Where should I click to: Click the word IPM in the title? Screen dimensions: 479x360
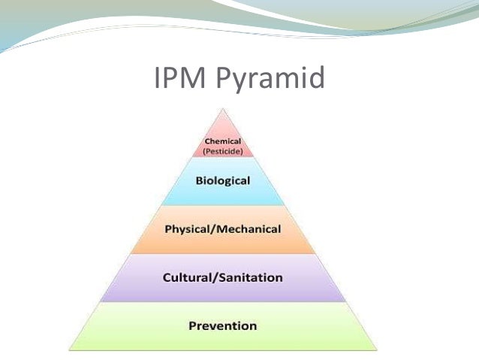[x=180, y=79]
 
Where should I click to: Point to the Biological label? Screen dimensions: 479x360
[x=222, y=181]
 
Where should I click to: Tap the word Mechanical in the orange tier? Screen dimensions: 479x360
[x=249, y=228]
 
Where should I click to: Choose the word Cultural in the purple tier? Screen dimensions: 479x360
[x=187, y=277]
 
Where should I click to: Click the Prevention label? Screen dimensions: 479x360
[x=222, y=325]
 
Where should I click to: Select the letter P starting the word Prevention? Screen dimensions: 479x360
[x=191, y=325]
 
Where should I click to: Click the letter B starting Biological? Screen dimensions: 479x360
[x=199, y=181]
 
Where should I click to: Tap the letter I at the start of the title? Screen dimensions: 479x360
[x=157, y=79]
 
